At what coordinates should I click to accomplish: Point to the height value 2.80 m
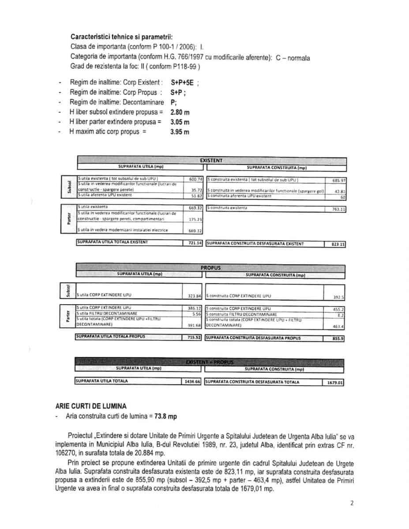tap(180, 112)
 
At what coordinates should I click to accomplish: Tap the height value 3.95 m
tap(180, 132)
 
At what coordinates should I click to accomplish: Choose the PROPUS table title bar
tap(210, 268)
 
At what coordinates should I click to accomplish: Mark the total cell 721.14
tap(194, 243)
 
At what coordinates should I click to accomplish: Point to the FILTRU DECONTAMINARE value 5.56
tap(197, 314)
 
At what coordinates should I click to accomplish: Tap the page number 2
tap(352, 503)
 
